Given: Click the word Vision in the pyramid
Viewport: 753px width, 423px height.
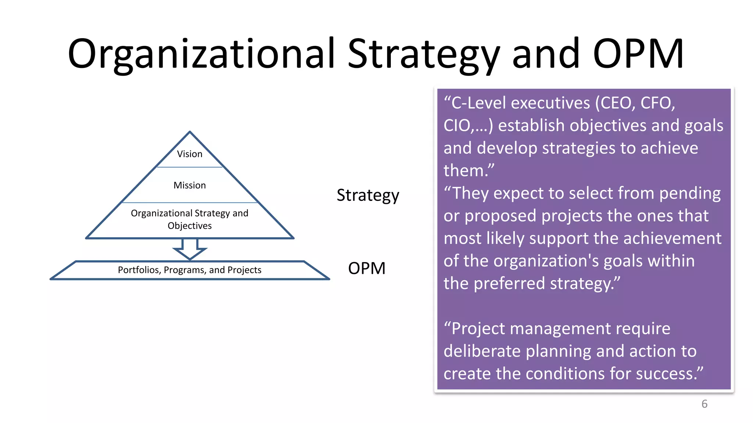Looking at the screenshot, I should tap(189, 154).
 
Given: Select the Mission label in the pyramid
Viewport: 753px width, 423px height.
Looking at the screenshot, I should tap(189, 185).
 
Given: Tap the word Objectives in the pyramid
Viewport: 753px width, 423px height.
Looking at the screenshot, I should tap(189, 225).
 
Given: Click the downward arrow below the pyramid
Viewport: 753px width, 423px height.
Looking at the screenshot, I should tap(190, 249).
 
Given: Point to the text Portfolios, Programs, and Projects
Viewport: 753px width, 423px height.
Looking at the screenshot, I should tap(189, 270).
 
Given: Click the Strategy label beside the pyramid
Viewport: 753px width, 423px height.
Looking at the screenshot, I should tap(368, 195).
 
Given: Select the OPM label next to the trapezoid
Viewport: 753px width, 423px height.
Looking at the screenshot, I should tap(367, 268).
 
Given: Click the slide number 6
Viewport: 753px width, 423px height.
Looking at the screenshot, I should tap(704, 404).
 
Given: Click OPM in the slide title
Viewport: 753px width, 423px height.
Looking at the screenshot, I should tap(638, 54).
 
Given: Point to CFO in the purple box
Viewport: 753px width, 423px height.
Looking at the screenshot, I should tap(657, 103).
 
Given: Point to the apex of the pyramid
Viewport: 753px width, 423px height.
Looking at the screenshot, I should tap(190, 132).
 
